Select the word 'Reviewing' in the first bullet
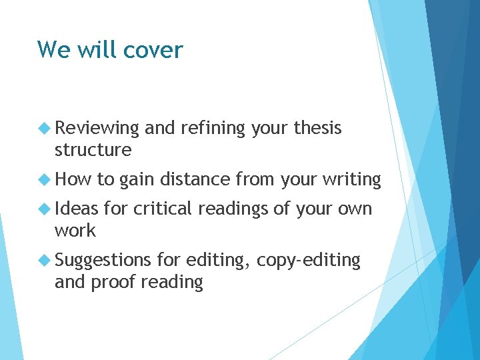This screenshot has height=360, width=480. click(97, 128)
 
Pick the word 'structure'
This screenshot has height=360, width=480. click(93, 150)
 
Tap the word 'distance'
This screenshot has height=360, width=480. click(196, 179)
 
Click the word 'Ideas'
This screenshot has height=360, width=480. click(76, 209)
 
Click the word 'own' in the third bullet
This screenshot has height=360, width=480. click(354, 209)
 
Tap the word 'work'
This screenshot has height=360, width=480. click(75, 231)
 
